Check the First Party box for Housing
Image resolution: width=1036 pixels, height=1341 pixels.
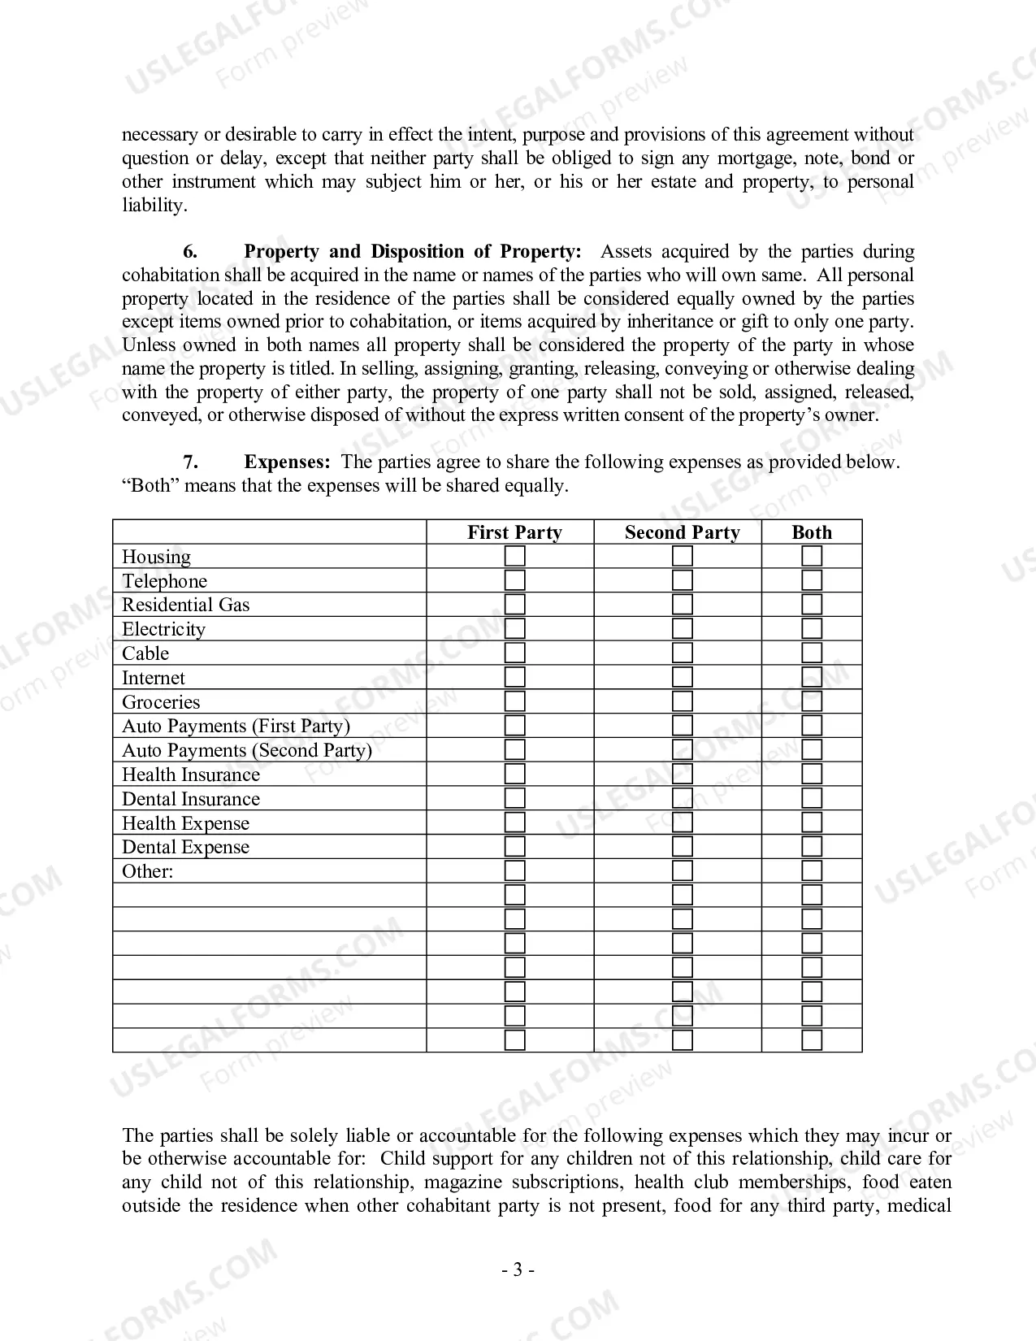[x=514, y=557]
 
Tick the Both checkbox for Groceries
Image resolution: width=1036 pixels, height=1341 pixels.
[x=812, y=701]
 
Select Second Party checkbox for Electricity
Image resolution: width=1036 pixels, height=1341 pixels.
[x=683, y=629]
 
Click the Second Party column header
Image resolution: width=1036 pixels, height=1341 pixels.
[x=682, y=532]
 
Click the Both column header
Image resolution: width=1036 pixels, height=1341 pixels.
[x=812, y=532]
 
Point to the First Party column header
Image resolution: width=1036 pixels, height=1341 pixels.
[x=514, y=532]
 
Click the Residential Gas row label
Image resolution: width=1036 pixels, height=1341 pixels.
[x=185, y=605]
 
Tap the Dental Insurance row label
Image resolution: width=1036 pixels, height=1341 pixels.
[x=191, y=799]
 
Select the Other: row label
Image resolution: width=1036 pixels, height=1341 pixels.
[x=147, y=871]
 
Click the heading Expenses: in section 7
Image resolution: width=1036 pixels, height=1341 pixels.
[x=287, y=462]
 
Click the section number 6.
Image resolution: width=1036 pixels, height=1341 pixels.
[x=190, y=252]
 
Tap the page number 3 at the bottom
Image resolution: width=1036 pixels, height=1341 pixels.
[x=518, y=1269]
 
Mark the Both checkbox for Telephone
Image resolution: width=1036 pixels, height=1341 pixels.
[x=812, y=580]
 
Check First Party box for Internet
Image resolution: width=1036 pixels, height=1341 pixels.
[x=514, y=677]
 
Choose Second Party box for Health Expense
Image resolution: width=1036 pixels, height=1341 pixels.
[x=683, y=822]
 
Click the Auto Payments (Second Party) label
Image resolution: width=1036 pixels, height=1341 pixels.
[x=246, y=750]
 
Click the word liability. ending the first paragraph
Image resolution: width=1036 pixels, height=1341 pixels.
[x=154, y=206]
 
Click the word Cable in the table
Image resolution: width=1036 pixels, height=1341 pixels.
[x=145, y=653]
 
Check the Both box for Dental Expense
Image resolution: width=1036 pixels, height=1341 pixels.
[x=812, y=847]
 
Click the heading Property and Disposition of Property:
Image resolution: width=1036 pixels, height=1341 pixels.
[x=413, y=252]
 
